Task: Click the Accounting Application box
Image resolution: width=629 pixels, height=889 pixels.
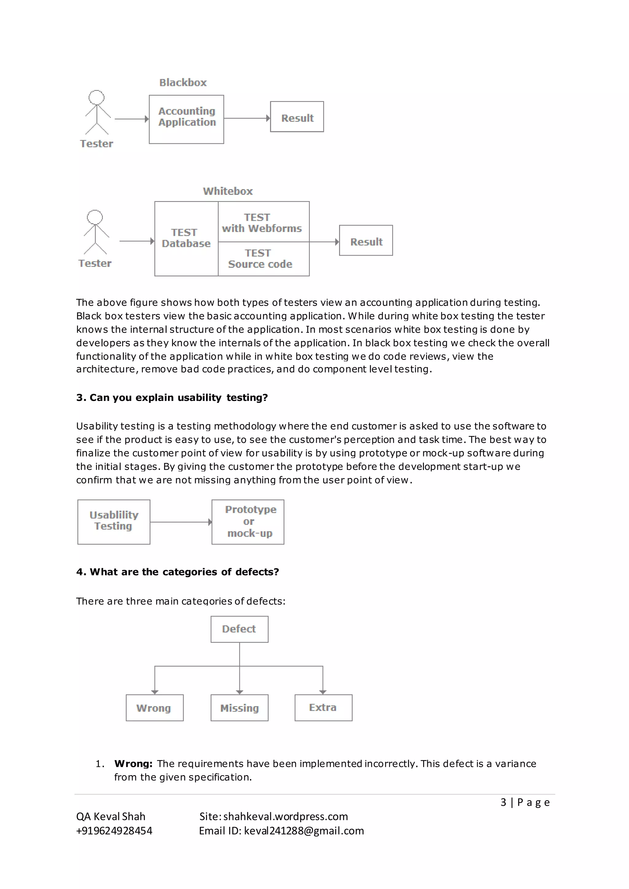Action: pos(186,119)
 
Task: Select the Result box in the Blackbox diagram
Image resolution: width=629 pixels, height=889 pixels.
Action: pos(297,117)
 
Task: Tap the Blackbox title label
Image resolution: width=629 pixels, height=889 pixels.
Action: pos(183,83)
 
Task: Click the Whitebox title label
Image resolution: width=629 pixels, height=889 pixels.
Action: pos(228,191)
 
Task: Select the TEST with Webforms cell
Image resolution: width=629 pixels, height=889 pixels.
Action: pos(264,222)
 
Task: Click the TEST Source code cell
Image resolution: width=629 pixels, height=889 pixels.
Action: pos(264,259)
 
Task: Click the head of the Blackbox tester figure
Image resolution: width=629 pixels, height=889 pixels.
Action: pos(96,97)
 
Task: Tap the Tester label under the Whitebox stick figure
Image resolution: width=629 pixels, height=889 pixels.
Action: pos(95,263)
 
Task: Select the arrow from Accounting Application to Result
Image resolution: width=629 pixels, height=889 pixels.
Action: pos(246,118)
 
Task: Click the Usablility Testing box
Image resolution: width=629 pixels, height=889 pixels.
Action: pos(114,522)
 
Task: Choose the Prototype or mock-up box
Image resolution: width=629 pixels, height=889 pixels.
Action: pos(248,522)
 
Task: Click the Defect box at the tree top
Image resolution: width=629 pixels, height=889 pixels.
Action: pos(239,629)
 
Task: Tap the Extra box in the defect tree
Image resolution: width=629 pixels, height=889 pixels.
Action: pos(323,707)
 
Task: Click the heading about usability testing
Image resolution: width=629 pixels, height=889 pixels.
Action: pos(172,398)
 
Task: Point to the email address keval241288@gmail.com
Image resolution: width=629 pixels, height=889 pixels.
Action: pos(304,831)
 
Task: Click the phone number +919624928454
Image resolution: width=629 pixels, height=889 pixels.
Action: pos(114,831)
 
